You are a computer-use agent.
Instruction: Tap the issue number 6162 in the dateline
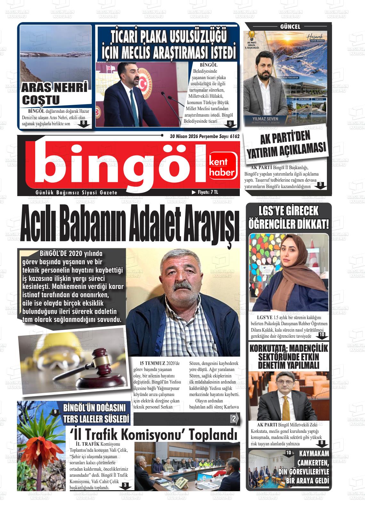click(234, 136)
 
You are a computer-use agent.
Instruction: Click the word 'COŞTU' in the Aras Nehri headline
click(41, 100)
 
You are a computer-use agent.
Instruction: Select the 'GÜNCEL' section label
click(290, 27)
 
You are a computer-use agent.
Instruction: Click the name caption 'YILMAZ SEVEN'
click(265, 119)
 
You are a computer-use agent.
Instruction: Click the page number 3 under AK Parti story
click(320, 184)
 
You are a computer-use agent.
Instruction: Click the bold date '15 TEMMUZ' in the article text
click(152, 363)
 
